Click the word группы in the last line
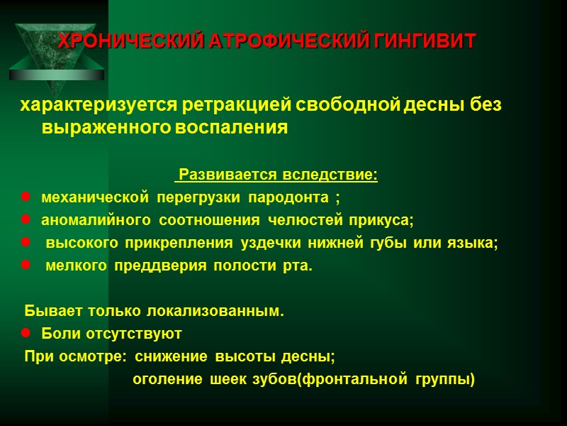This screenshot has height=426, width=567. click(x=447, y=379)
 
